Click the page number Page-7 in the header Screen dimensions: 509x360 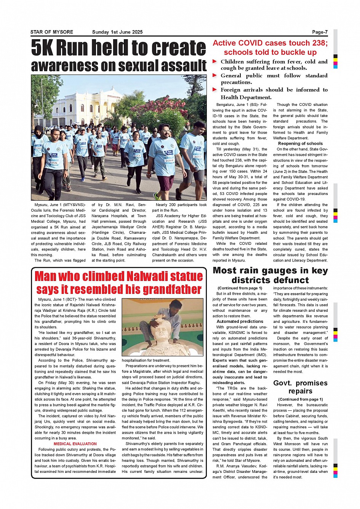(x=320, y=32)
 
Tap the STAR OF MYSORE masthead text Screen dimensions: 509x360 (x=52, y=32)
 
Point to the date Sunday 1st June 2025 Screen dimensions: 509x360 (x=117, y=32)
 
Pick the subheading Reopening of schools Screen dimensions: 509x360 (x=300, y=144)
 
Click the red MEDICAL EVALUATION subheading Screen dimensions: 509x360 (x=75, y=444)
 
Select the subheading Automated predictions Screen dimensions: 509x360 (x=240, y=321)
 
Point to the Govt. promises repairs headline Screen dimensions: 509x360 (x=300, y=387)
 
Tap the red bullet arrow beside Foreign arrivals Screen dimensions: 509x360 (x=215, y=89)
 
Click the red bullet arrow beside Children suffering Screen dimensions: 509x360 (x=215, y=61)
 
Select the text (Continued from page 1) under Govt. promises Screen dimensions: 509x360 (x=301, y=399)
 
